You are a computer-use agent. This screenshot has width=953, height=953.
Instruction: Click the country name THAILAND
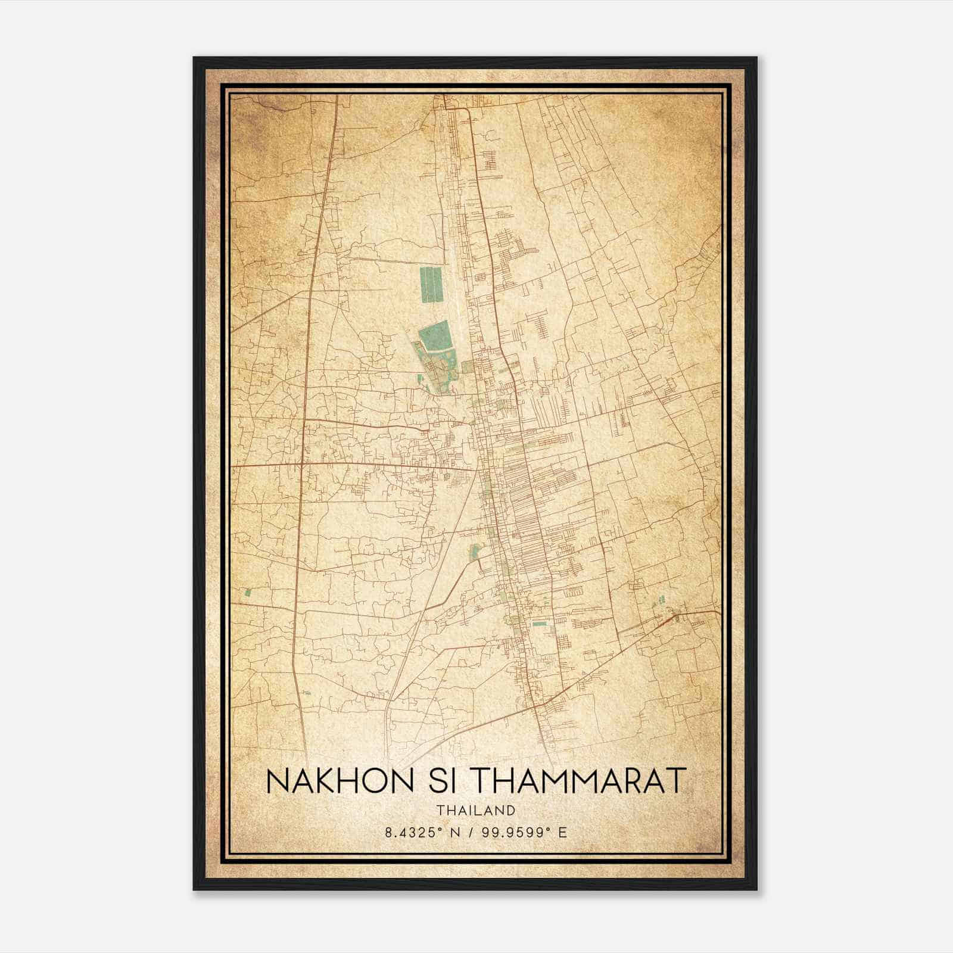(x=475, y=810)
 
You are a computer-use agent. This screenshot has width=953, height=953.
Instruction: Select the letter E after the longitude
(x=562, y=833)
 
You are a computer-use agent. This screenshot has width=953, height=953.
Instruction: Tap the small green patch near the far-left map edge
(x=247, y=592)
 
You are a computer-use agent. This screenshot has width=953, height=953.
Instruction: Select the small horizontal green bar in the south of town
(x=539, y=624)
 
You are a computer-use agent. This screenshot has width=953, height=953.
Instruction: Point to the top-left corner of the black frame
(x=194, y=58)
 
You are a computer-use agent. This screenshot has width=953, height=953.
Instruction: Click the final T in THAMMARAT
(x=677, y=781)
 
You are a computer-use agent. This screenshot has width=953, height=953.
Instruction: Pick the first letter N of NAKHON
(x=276, y=781)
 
